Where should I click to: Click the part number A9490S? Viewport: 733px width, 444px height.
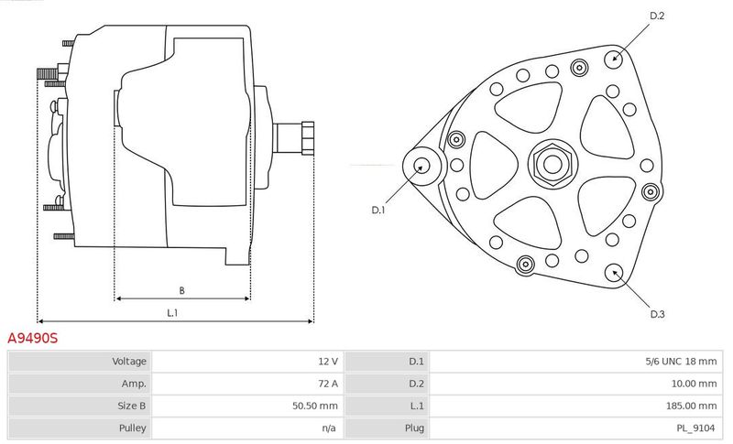click(x=33, y=338)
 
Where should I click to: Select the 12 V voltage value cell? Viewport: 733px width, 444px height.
click(x=328, y=361)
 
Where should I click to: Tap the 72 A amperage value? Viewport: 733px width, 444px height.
click(x=328, y=384)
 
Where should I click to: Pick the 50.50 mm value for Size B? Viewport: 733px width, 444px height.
click(x=315, y=406)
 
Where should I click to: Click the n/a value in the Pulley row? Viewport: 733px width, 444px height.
click(x=329, y=428)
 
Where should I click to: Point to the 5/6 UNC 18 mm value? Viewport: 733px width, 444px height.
click(x=681, y=361)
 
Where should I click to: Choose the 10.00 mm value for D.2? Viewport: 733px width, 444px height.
click(x=694, y=384)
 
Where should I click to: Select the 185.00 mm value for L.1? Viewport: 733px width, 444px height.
click(x=691, y=406)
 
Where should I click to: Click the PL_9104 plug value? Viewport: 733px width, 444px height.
click(x=695, y=428)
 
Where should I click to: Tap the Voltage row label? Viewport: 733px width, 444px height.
click(x=129, y=361)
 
